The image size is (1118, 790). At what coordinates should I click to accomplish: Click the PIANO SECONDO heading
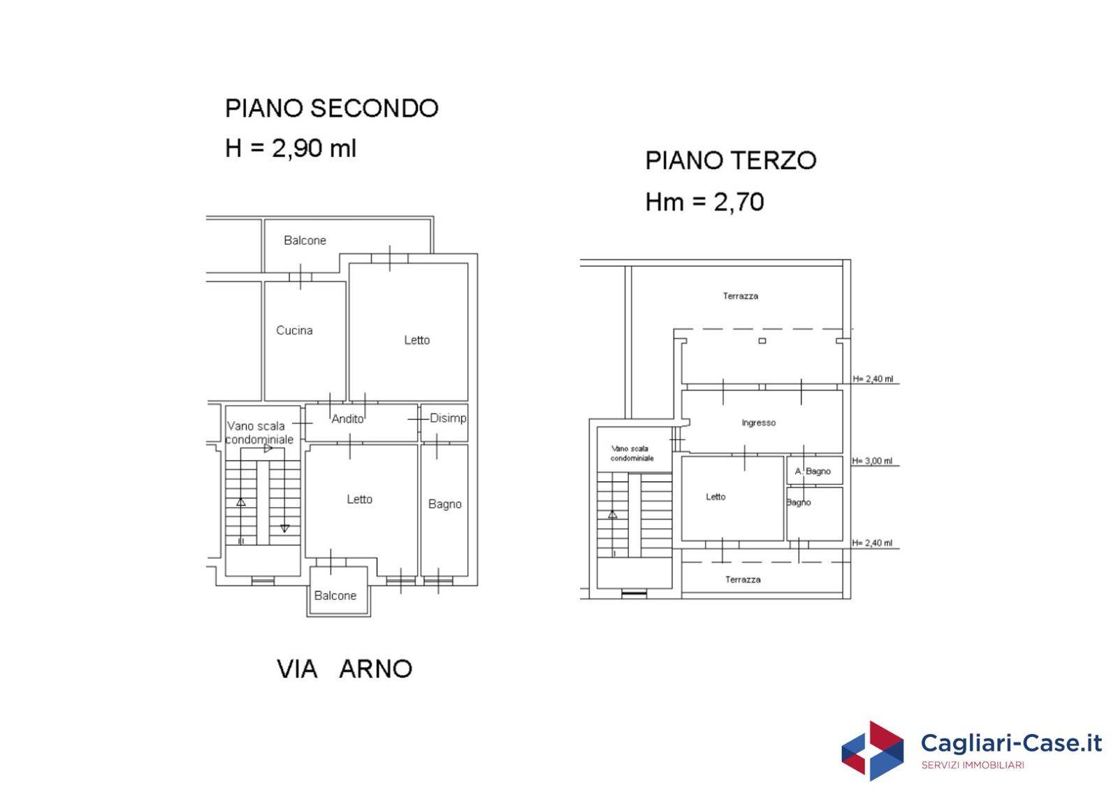(331, 108)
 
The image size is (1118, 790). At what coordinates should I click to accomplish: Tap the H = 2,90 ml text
(291, 148)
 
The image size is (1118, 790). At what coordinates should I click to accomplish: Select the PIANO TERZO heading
(730, 161)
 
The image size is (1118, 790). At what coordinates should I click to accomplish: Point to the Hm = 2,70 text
(704, 202)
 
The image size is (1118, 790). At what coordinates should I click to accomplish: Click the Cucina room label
(294, 330)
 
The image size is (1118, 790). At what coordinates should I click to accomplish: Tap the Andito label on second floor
(347, 418)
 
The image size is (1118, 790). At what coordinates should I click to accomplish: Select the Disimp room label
(447, 418)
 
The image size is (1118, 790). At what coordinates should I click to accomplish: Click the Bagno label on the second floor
(444, 504)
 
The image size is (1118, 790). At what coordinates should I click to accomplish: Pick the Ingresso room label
(758, 423)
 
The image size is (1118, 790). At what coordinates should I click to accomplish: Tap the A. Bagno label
(813, 471)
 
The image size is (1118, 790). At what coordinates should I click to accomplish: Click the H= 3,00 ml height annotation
(872, 461)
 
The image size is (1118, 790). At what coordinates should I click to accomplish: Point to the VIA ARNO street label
(344, 668)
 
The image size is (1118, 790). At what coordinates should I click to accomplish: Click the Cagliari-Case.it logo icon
(872, 751)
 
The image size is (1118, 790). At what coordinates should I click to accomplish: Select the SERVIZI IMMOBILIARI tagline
(973, 766)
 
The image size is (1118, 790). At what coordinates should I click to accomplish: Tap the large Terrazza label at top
(740, 296)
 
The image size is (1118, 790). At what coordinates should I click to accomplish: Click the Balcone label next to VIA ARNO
(335, 596)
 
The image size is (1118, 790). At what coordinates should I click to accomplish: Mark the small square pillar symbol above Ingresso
(762, 341)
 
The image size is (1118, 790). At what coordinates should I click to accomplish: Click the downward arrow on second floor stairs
(284, 528)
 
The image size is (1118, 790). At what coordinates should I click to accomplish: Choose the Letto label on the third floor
(716, 497)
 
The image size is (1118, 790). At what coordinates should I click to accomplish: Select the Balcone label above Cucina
(305, 240)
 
